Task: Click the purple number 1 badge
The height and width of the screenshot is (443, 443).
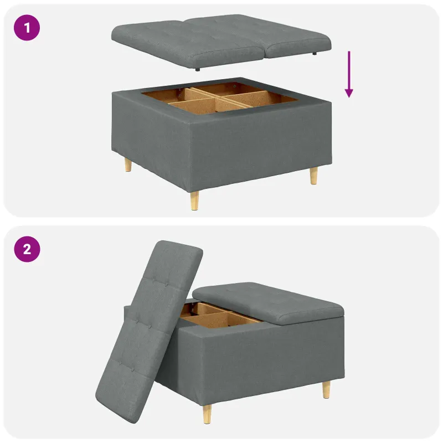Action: [x=27, y=28]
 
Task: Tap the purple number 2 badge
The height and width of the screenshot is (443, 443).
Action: [x=27, y=249]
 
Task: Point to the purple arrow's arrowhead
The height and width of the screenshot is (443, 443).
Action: [x=349, y=93]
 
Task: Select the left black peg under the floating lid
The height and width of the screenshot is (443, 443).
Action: [x=198, y=69]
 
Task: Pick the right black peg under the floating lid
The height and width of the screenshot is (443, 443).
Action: [x=315, y=53]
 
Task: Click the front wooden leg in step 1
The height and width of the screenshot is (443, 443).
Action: [x=194, y=200]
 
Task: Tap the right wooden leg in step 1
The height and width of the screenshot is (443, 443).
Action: [x=313, y=176]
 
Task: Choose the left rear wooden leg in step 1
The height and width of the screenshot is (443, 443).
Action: [x=128, y=164]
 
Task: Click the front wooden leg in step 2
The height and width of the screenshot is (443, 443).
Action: [x=207, y=414]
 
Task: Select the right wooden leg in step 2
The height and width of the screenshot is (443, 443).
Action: [x=326, y=390]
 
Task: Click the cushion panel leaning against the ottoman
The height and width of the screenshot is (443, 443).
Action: [x=149, y=331]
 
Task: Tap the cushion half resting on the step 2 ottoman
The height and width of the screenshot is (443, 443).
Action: [x=268, y=302]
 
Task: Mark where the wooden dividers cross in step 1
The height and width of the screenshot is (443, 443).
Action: [x=215, y=97]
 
